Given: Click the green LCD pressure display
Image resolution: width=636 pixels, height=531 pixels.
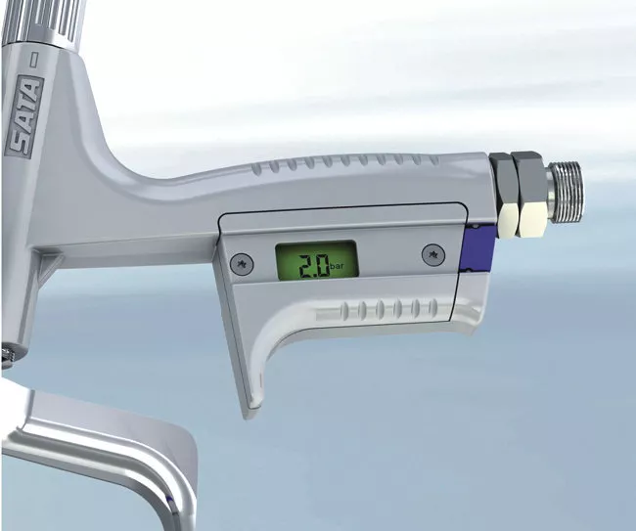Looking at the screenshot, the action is click(x=317, y=260).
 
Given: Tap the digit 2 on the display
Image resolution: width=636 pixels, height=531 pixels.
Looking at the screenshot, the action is click(x=305, y=266).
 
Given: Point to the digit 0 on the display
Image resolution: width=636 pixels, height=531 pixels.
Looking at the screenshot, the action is click(x=322, y=266).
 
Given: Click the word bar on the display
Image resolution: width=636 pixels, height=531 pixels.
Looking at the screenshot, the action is click(x=337, y=267).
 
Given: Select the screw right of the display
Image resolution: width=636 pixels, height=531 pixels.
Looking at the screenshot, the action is click(x=433, y=255).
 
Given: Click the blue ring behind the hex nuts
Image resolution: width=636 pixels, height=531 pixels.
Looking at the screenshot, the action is click(x=477, y=247).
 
